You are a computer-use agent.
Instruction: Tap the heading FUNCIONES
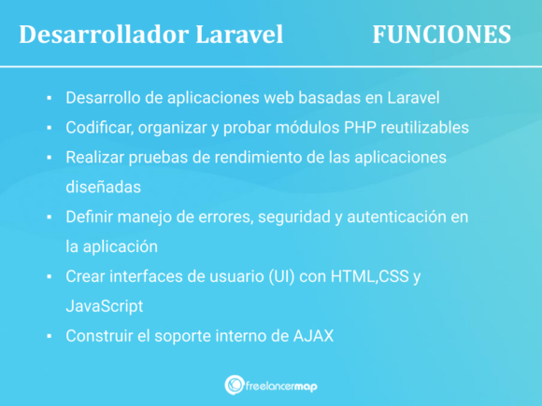point(441,35)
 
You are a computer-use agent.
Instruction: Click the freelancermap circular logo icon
point(235,385)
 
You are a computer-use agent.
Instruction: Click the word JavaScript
point(105,305)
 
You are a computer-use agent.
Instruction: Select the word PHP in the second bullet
point(329,127)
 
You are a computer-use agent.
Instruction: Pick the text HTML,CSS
point(367,275)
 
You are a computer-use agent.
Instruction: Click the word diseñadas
point(103,186)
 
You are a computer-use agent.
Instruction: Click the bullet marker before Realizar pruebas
point(47,157)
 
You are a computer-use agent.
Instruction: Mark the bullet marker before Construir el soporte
point(47,335)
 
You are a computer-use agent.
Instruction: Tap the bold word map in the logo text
point(306,385)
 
